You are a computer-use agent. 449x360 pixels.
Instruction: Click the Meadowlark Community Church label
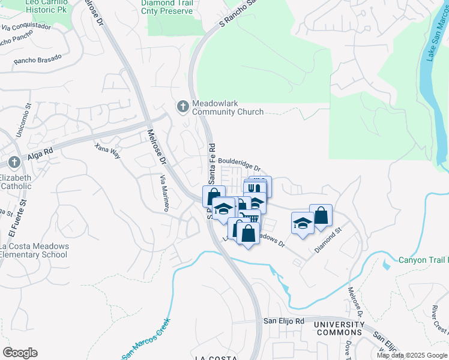click(228, 107)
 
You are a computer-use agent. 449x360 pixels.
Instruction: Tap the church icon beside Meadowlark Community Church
click(182, 107)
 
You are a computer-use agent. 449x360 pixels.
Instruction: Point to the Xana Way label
click(108, 151)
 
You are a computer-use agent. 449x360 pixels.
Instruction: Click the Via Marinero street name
click(164, 193)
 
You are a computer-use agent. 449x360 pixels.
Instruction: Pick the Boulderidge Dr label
click(239, 165)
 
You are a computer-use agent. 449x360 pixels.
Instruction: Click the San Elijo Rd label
click(284, 322)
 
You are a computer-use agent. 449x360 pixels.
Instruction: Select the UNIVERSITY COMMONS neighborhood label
click(339, 328)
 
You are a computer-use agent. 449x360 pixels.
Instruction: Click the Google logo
click(20, 352)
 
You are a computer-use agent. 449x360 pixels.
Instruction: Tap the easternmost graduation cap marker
click(303, 223)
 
